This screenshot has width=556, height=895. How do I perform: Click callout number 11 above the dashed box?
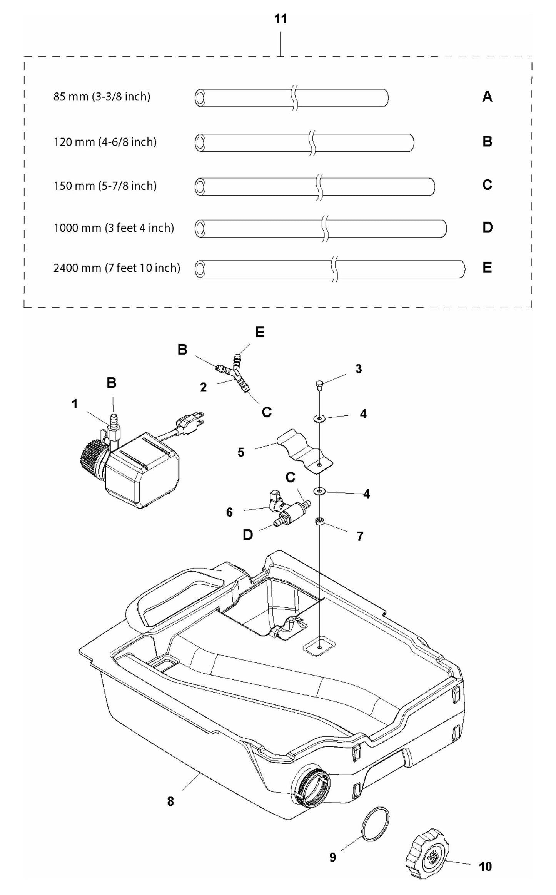pyautogui.click(x=281, y=19)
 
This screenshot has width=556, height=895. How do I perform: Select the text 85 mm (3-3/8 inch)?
pyautogui.click(x=102, y=97)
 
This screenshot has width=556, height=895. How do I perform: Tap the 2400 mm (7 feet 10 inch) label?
pyautogui.click(x=117, y=268)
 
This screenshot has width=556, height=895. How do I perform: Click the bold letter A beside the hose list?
pyautogui.click(x=487, y=97)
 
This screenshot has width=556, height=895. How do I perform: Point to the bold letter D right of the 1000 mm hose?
pyautogui.click(x=487, y=228)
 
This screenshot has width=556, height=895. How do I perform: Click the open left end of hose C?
pyautogui.click(x=200, y=187)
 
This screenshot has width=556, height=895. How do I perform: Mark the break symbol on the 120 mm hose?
pyautogui.click(x=312, y=143)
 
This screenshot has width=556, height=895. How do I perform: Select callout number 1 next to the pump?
pyautogui.click(x=75, y=404)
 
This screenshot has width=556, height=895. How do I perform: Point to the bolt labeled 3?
pyautogui.click(x=319, y=384)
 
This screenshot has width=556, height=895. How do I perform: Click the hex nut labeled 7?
pyautogui.click(x=319, y=521)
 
